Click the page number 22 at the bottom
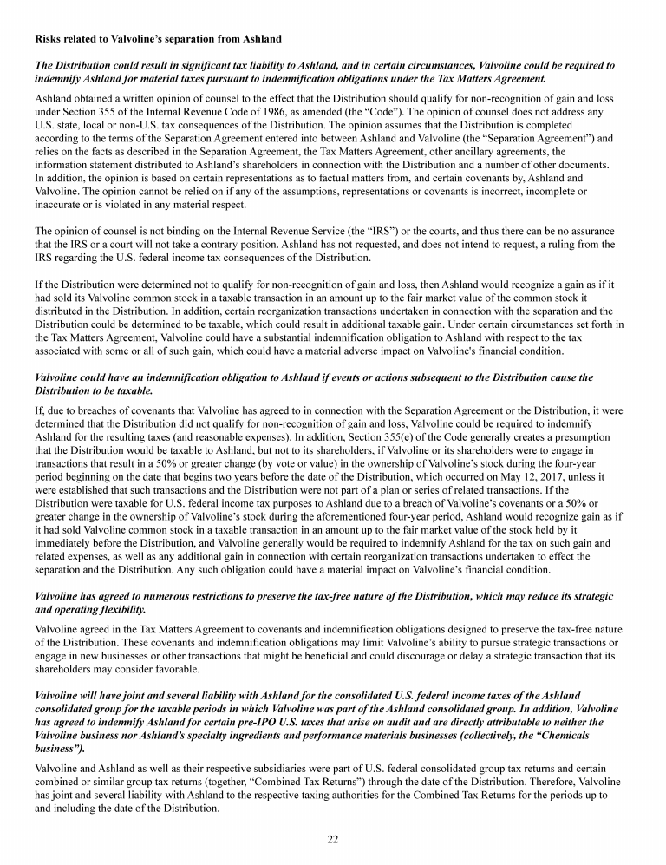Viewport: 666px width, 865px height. [x=332, y=838]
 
